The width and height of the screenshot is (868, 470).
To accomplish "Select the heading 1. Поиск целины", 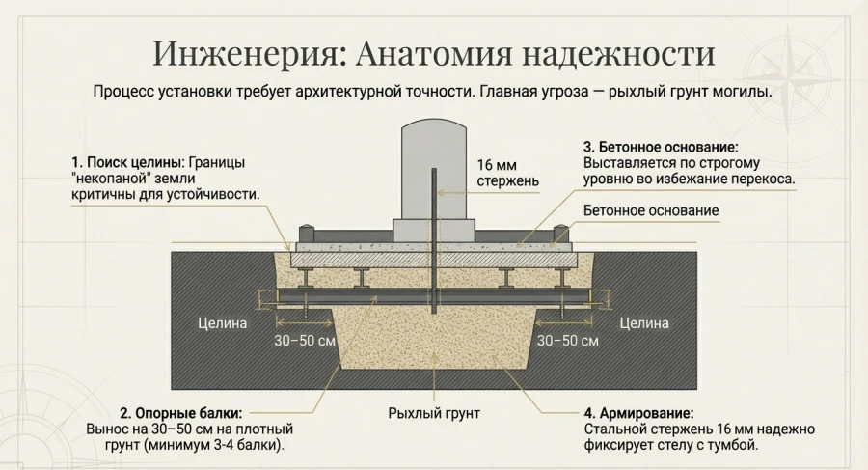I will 125,161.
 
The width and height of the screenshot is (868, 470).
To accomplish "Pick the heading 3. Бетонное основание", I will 661,148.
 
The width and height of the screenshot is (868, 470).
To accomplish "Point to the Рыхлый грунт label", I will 434,413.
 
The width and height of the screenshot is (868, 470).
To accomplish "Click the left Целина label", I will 223,323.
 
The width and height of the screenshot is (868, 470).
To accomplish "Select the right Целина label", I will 644,323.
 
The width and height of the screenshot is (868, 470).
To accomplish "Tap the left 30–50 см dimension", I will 306,342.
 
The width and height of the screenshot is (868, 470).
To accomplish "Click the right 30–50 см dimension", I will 568,342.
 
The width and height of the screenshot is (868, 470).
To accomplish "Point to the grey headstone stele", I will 433,169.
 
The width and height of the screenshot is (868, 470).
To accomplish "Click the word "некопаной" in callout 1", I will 112,178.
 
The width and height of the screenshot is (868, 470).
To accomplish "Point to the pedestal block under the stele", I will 433,230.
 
